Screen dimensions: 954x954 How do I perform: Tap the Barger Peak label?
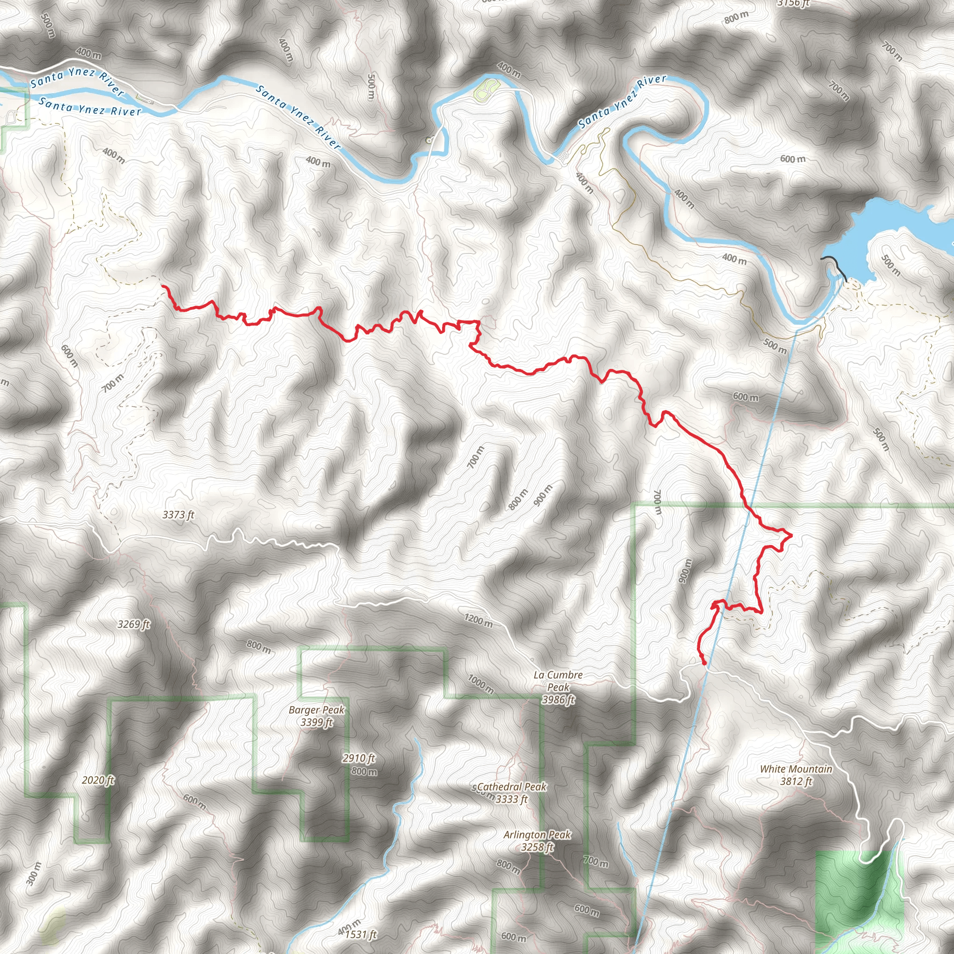(x=316, y=715)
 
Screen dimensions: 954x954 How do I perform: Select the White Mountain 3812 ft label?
(x=796, y=775)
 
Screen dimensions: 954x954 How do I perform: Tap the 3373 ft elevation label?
(x=178, y=515)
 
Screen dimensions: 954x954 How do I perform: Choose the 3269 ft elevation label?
(x=133, y=624)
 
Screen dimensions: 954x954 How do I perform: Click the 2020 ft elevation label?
(x=98, y=780)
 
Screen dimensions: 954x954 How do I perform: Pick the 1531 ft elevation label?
(x=361, y=934)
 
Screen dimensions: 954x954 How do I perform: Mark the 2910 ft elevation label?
(x=359, y=758)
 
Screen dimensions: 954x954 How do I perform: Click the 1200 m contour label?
(x=478, y=620)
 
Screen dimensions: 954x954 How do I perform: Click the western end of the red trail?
(x=163, y=286)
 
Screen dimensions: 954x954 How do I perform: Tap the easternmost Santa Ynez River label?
(x=622, y=101)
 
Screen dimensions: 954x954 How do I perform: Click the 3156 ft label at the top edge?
(x=793, y=3)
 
